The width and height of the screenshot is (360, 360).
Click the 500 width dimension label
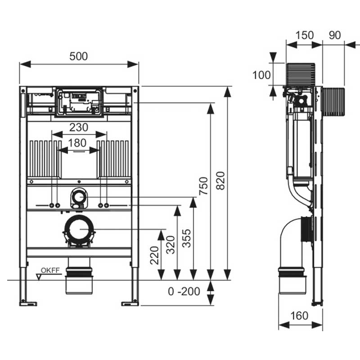(x=78, y=57)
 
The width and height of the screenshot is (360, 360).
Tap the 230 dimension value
(x=79, y=127)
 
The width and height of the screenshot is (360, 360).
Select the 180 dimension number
(x=77, y=143)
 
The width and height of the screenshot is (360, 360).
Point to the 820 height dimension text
(x=220, y=181)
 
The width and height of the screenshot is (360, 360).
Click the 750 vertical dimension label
(x=204, y=186)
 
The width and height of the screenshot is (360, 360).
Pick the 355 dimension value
(x=186, y=238)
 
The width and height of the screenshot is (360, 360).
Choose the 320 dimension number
(x=171, y=245)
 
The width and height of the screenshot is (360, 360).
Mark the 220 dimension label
(x=154, y=255)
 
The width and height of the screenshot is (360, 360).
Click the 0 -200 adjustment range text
(x=184, y=292)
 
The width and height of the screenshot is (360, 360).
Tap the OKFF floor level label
(x=50, y=270)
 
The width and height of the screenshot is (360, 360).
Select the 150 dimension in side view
(x=305, y=36)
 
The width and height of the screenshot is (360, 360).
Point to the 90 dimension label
(x=335, y=36)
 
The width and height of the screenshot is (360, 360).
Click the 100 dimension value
(x=261, y=75)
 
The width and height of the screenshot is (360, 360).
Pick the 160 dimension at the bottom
(x=299, y=316)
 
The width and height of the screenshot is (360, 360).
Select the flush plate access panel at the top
(x=79, y=102)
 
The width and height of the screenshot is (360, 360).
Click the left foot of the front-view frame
(x=28, y=303)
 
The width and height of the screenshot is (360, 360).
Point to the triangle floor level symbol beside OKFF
(x=39, y=277)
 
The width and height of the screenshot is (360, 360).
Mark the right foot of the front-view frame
(x=130, y=303)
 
